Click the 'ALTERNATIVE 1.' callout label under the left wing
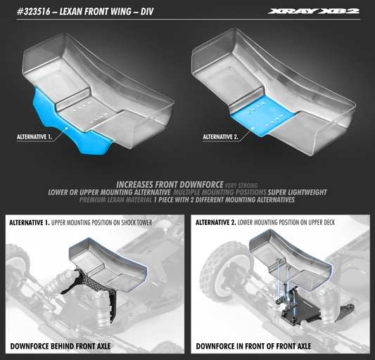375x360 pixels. point(37,138)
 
